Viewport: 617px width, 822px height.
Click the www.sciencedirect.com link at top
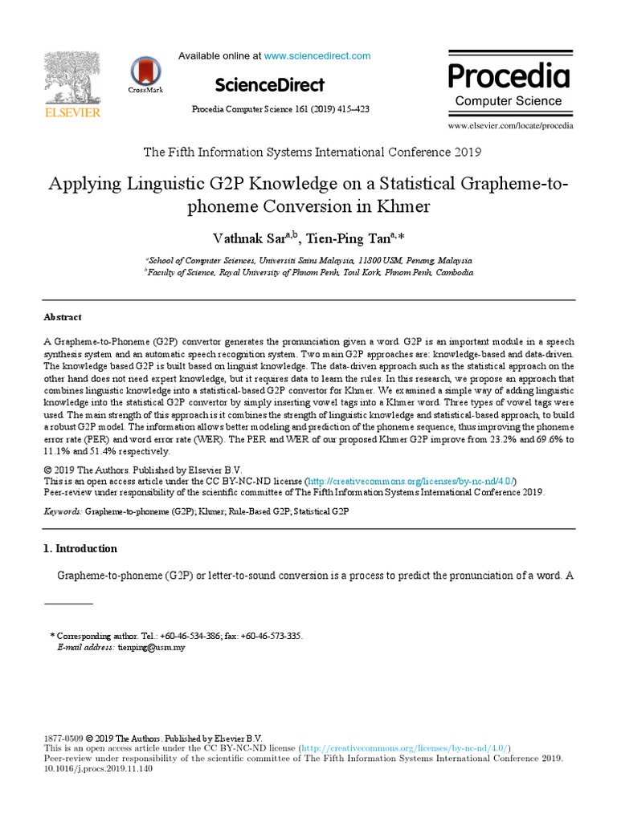(x=317, y=55)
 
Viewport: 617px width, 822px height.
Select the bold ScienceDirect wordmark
(x=269, y=85)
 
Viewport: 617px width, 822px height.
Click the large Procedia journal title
(x=508, y=75)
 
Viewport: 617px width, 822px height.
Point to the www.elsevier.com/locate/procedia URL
(x=510, y=125)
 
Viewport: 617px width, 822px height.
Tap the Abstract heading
(x=63, y=317)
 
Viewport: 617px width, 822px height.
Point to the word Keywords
(x=61, y=511)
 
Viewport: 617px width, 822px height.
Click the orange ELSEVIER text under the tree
(x=72, y=112)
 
